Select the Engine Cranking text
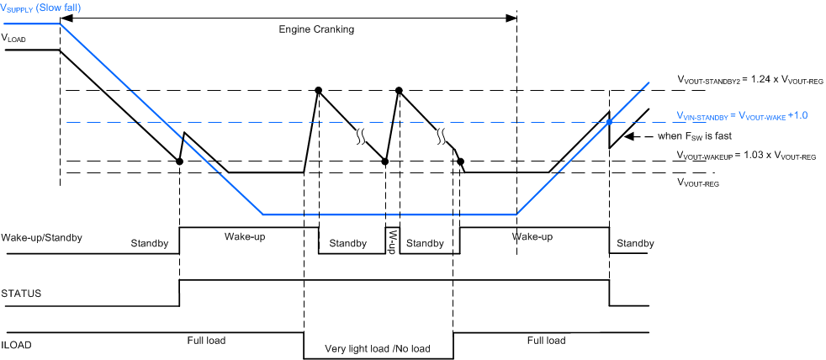316,29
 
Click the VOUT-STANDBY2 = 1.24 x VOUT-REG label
744,80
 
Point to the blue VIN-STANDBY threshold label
742,115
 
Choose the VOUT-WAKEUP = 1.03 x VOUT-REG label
744,156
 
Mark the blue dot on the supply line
610,123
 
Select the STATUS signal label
21,294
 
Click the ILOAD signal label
19,343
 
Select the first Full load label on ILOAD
208,341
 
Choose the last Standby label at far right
635,244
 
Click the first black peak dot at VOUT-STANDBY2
319,90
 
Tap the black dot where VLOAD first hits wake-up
180,161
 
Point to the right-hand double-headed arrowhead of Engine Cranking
513,16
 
